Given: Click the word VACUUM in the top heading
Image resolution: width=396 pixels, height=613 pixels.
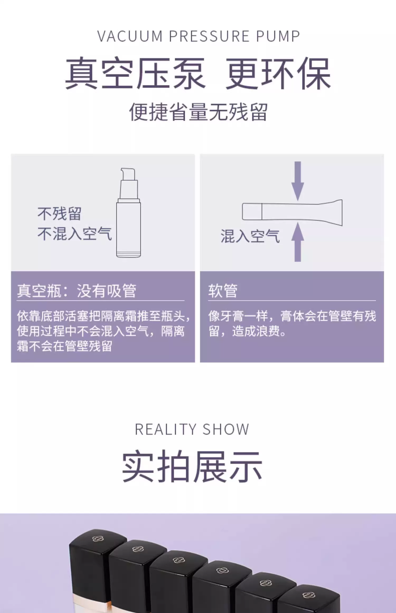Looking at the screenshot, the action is coord(130,36).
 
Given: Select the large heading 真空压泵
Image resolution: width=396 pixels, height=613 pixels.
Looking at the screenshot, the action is coord(135,73).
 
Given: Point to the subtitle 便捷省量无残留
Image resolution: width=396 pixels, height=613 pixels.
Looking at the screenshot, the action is coord(198,112).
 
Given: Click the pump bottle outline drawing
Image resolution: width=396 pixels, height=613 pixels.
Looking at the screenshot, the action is coord(129,227).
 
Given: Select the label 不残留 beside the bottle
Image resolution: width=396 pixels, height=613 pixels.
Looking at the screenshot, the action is coord(59,214).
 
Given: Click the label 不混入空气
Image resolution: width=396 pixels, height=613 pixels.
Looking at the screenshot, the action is coord(75,234).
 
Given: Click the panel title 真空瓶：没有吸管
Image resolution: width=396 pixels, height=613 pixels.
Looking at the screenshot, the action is coord(77,291).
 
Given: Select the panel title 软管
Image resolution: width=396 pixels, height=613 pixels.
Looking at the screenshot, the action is coord(223,291).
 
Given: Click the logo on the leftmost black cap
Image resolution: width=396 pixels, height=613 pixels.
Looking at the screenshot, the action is coord(98,539).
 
